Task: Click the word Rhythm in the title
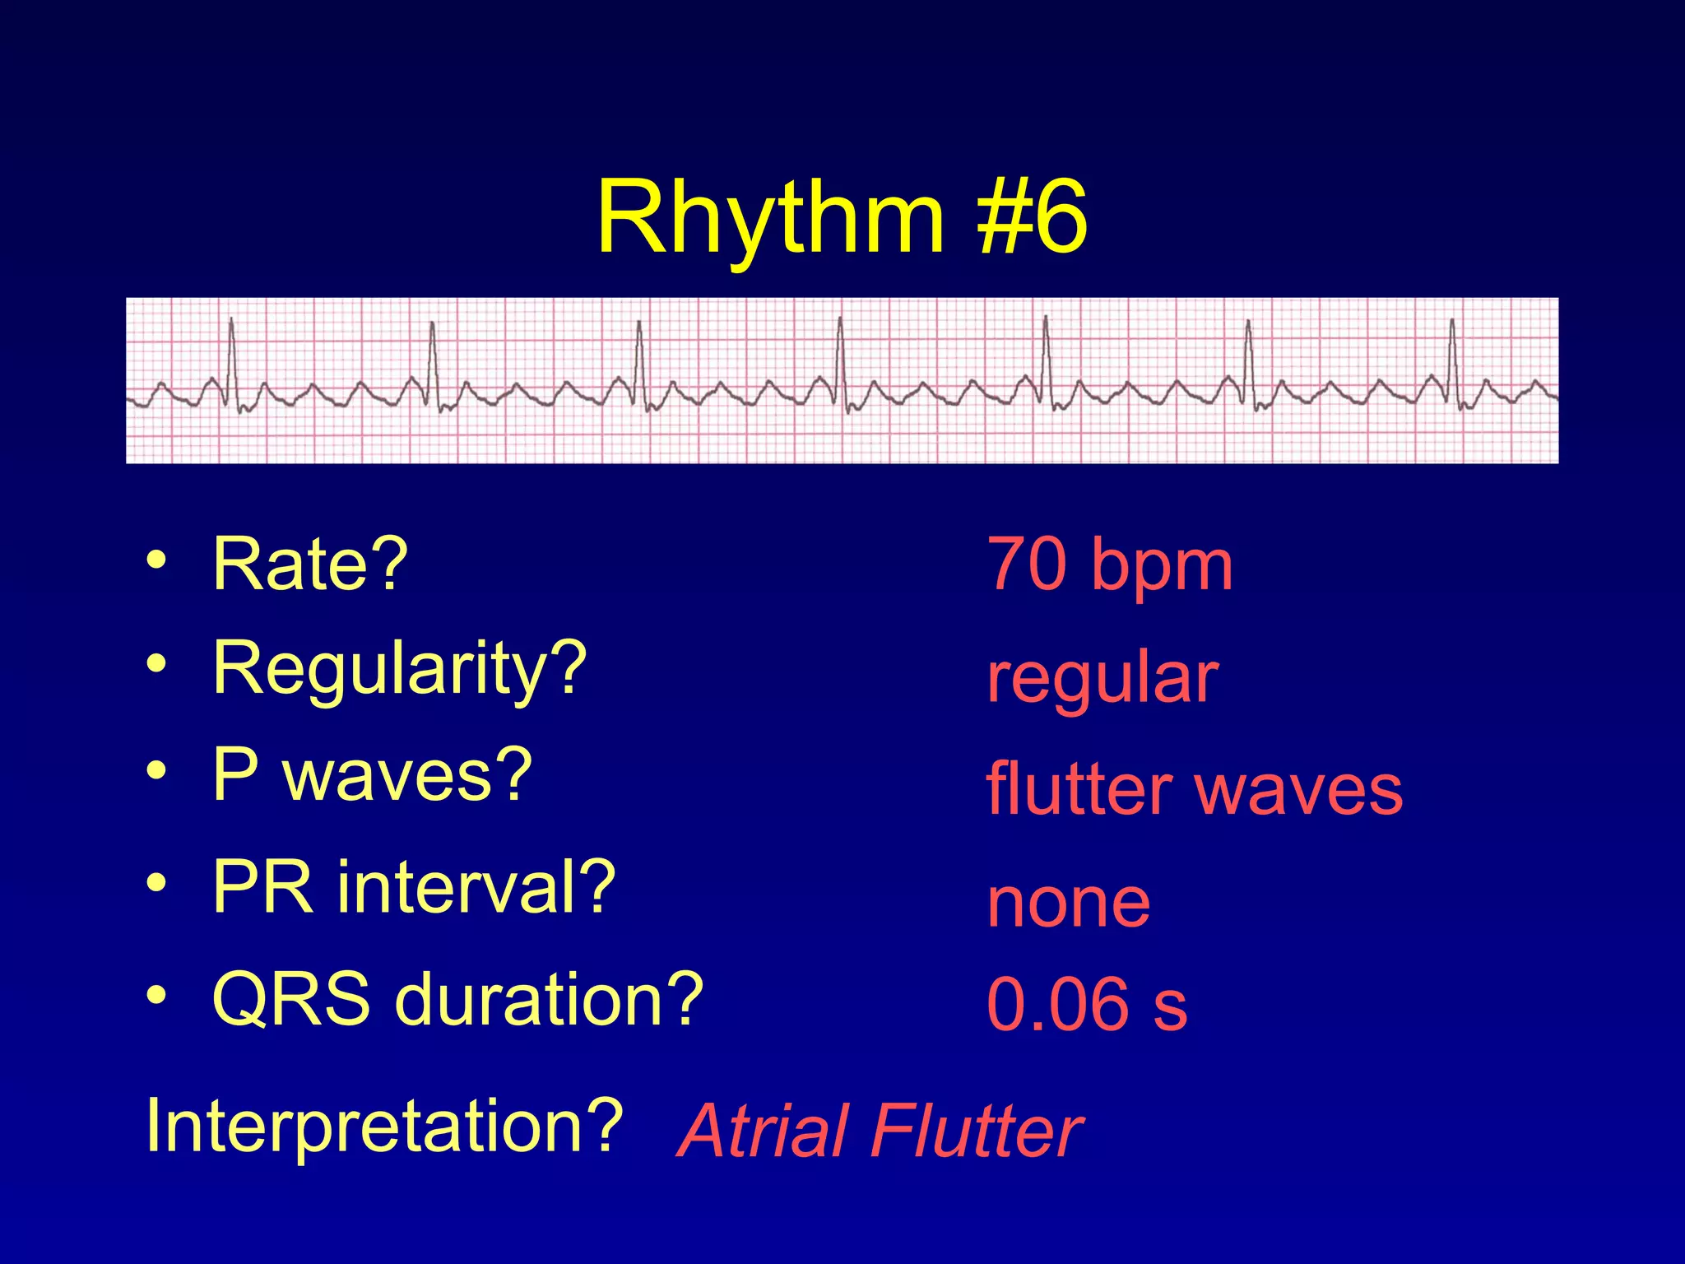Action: (769, 218)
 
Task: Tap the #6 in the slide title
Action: (1032, 218)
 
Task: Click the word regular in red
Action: (1102, 678)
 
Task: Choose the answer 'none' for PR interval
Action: (1068, 903)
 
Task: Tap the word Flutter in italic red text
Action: (976, 1132)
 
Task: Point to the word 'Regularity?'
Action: (399, 668)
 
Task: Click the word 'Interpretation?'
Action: (383, 1125)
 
